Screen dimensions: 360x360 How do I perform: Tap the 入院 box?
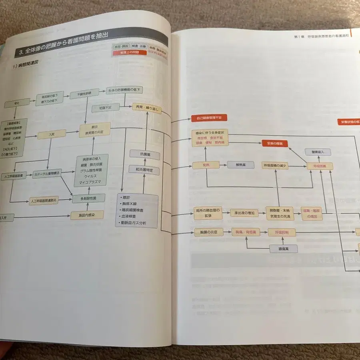(x=51, y=135)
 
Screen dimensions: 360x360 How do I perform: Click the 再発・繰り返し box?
(x=147, y=109)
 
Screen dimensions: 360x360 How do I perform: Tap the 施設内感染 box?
(x=87, y=215)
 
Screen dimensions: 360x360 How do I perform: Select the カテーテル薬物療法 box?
(x=47, y=174)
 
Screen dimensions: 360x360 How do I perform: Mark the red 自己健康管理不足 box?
(x=209, y=118)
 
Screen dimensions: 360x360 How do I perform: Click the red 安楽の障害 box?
(x=275, y=143)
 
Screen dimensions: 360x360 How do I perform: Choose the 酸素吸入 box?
(x=318, y=152)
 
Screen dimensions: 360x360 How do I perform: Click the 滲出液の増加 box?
(x=244, y=213)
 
